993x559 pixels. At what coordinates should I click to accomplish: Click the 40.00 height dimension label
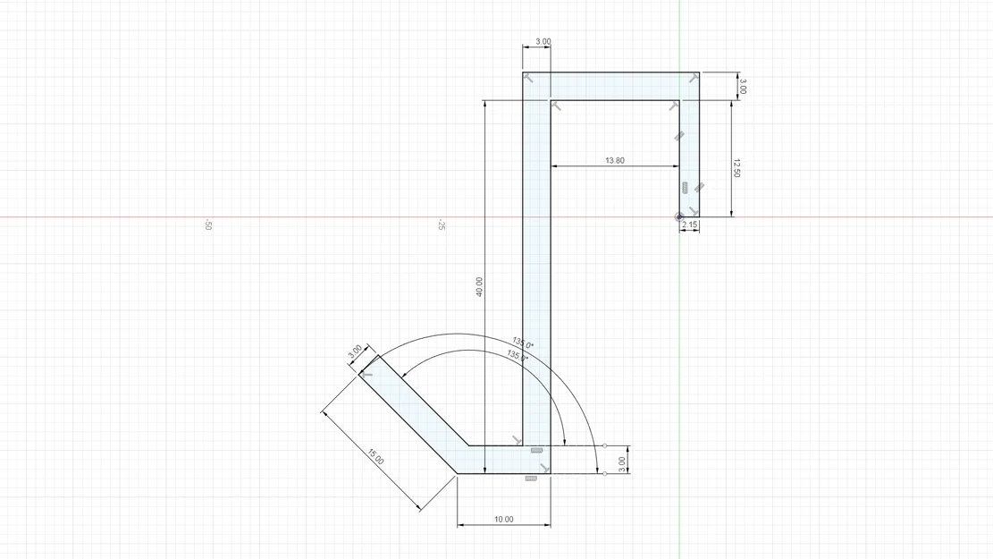[479, 286]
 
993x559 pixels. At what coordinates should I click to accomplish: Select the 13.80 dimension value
[615, 161]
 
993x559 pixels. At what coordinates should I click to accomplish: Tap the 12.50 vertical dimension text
[736, 167]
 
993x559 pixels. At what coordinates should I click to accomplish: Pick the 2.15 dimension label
[689, 225]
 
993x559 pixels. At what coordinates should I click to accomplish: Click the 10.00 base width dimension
[503, 519]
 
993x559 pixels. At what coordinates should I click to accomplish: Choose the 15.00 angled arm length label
[375, 457]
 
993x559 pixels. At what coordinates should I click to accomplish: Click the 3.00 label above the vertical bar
[543, 42]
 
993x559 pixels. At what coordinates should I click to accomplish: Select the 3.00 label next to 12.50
[742, 87]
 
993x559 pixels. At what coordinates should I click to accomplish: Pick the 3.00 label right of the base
[622, 462]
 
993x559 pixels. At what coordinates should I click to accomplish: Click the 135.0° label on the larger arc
[524, 343]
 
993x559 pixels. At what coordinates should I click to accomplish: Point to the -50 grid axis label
[208, 225]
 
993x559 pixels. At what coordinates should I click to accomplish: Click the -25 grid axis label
[442, 225]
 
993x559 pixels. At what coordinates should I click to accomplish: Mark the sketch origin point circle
[679, 216]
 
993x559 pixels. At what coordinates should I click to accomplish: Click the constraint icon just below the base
[531, 479]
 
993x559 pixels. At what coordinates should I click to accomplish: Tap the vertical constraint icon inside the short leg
[685, 188]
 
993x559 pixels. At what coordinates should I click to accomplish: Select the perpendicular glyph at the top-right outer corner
[694, 79]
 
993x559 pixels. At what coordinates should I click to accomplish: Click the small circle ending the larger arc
[604, 473]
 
